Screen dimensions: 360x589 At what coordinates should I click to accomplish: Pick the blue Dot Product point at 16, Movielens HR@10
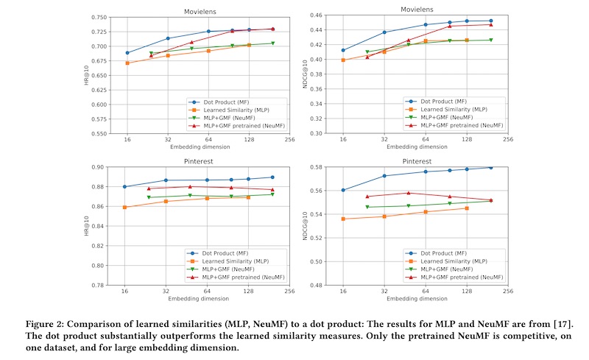[x=127, y=53]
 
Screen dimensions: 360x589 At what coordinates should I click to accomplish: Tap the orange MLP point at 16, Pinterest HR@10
[x=127, y=208]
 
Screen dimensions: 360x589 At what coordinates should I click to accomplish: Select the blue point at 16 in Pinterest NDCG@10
[x=343, y=190]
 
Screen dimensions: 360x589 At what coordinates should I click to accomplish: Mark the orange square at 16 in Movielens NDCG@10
[x=343, y=60]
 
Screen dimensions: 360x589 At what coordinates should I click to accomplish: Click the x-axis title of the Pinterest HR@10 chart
[x=198, y=299]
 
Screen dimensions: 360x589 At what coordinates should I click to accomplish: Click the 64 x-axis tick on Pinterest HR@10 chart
[x=208, y=291]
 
